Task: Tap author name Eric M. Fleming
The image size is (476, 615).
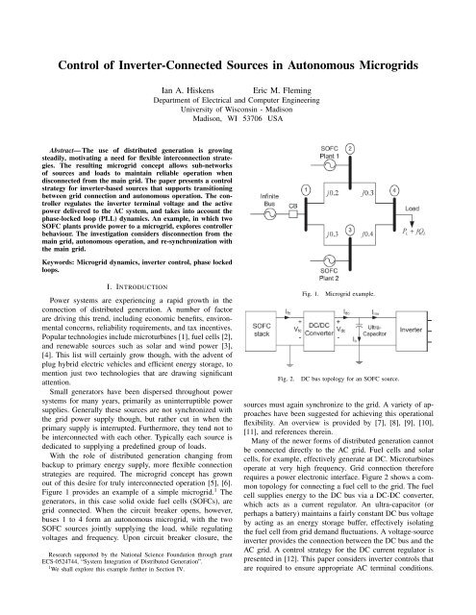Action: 284,66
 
